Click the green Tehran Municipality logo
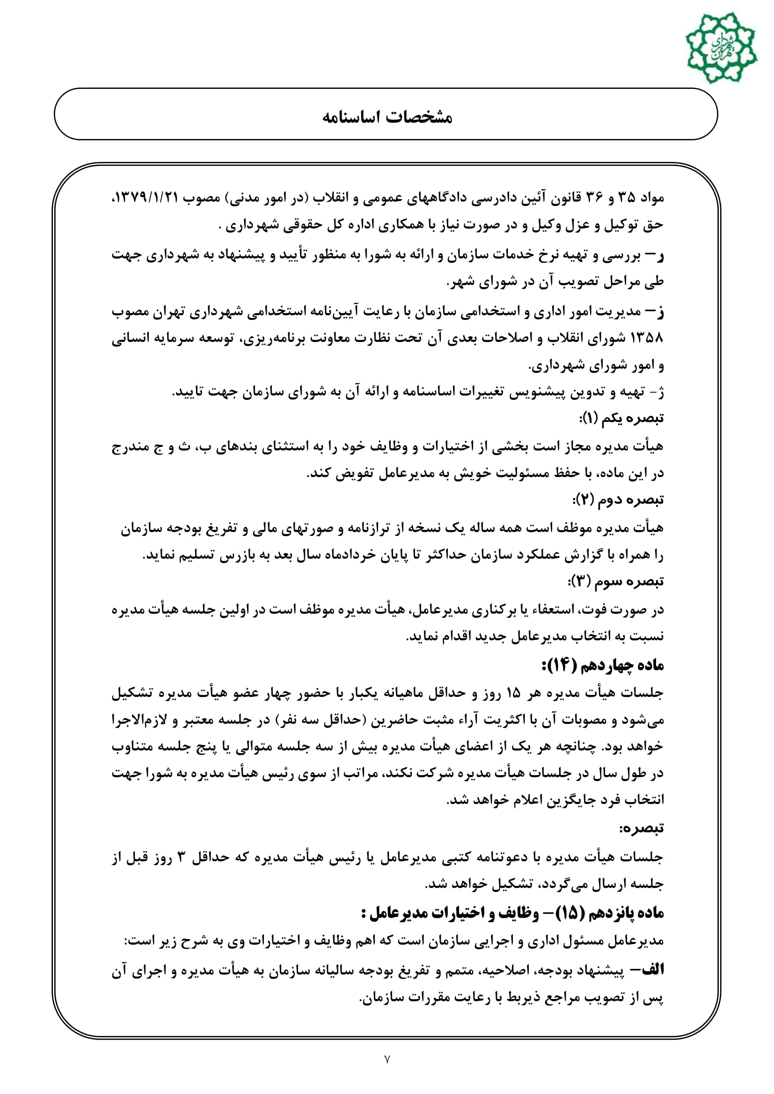point(721,48)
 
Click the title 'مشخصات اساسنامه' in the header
point(387,117)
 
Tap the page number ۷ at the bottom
point(387,1059)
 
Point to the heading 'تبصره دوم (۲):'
point(618,500)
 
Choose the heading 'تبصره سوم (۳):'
point(616,581)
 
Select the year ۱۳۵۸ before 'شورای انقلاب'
point(646,338)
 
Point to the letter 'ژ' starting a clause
point(660,392)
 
